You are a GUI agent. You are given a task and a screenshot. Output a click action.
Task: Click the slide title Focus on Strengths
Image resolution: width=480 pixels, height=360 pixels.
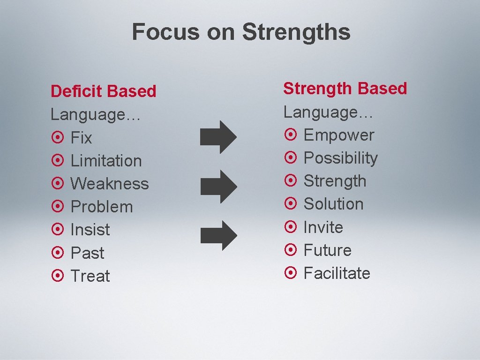coord(241,32)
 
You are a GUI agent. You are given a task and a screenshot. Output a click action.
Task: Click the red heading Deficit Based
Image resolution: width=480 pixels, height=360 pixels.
coord(103,91)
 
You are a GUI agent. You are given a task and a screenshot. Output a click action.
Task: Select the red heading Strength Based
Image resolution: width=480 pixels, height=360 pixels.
coord(345,88)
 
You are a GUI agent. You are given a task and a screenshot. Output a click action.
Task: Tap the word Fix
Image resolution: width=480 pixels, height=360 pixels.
coord(81,138)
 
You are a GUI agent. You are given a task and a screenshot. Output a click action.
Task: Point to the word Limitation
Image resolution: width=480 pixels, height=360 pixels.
coord(106,161)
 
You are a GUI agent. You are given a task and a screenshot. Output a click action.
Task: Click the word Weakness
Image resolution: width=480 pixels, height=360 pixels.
coord(109,184)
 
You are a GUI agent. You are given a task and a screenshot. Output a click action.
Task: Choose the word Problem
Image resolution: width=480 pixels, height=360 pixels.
coord(101,207)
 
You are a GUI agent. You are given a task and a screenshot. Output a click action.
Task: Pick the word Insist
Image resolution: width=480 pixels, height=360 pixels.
coord(90,230)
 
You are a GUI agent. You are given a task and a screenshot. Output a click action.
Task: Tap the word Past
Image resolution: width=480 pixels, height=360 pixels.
coord(87,253)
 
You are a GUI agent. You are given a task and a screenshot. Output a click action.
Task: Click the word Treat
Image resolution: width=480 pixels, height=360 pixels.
coord(90,276)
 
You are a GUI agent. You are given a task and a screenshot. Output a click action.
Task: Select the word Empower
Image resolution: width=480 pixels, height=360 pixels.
coord(339,135)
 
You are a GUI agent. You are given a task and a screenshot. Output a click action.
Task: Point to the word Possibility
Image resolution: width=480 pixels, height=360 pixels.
coord(340,158)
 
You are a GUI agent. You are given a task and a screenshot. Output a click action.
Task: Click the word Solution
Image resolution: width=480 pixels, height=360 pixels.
coord(333,204)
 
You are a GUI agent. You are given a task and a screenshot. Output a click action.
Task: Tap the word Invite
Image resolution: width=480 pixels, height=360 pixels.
coord(323,227)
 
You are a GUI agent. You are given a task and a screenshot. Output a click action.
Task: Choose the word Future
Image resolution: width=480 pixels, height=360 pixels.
coord(327,250)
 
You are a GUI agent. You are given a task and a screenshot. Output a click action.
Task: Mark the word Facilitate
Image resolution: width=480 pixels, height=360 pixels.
coord(337,273)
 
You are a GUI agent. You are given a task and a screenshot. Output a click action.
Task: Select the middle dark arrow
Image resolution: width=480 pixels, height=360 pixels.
coord(218,186)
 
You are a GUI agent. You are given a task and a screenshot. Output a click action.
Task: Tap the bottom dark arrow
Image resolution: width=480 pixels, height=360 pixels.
coord(218,235)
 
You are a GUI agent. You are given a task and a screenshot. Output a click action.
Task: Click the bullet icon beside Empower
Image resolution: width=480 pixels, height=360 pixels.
coord(291,135)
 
